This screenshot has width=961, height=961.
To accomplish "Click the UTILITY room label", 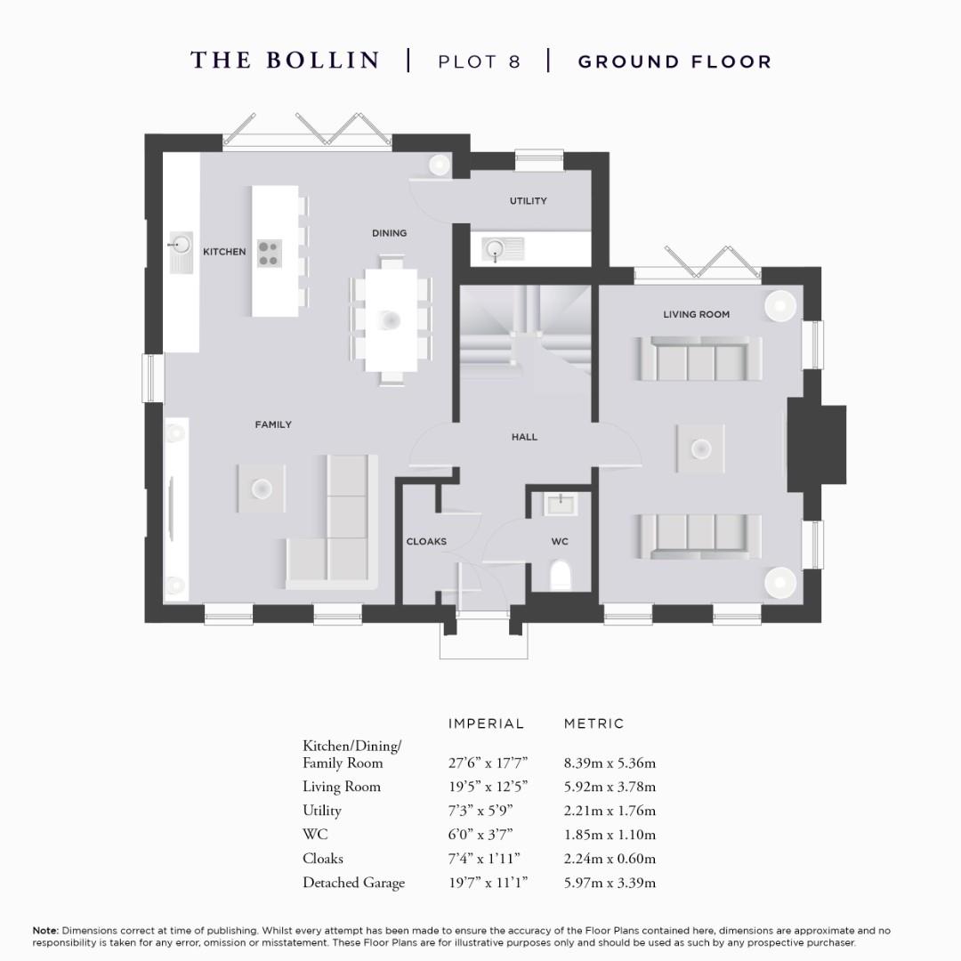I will (528, 201).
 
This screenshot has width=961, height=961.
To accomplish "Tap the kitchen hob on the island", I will (268, 254).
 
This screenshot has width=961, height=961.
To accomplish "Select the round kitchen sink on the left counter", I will (181, 243).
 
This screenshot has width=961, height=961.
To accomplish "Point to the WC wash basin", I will (561, 505).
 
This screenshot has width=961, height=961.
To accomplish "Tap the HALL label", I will (524, 437).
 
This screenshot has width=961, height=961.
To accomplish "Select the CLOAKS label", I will (426, 541).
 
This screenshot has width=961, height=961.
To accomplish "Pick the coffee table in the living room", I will (700, 448).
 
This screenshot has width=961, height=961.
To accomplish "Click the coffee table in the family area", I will (262, 488).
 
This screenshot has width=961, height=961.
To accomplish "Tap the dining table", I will (392, 320).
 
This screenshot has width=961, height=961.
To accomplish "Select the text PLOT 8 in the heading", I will (479, 61).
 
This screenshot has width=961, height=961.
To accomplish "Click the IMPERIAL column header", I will (486, 723).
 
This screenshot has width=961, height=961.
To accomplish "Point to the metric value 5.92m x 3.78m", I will (610, 787).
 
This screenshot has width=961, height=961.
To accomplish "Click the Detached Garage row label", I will (353, 883).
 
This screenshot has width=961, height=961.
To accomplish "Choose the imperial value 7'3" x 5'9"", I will (480, 811).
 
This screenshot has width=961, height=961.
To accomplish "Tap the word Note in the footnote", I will (44, 930).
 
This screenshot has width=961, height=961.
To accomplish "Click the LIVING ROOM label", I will (696, 314).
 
